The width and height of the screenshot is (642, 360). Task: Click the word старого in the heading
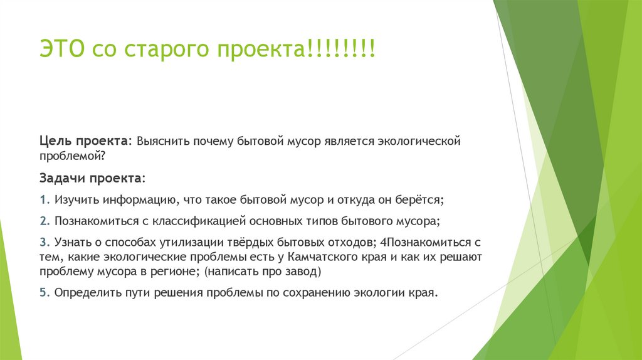pos(167,50)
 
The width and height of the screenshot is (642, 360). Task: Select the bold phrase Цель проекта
pos(85,140)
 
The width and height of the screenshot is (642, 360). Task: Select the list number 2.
pos(42,221)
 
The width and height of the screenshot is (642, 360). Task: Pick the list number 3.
pos(42,242)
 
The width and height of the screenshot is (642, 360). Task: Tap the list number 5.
pos(42,293)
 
